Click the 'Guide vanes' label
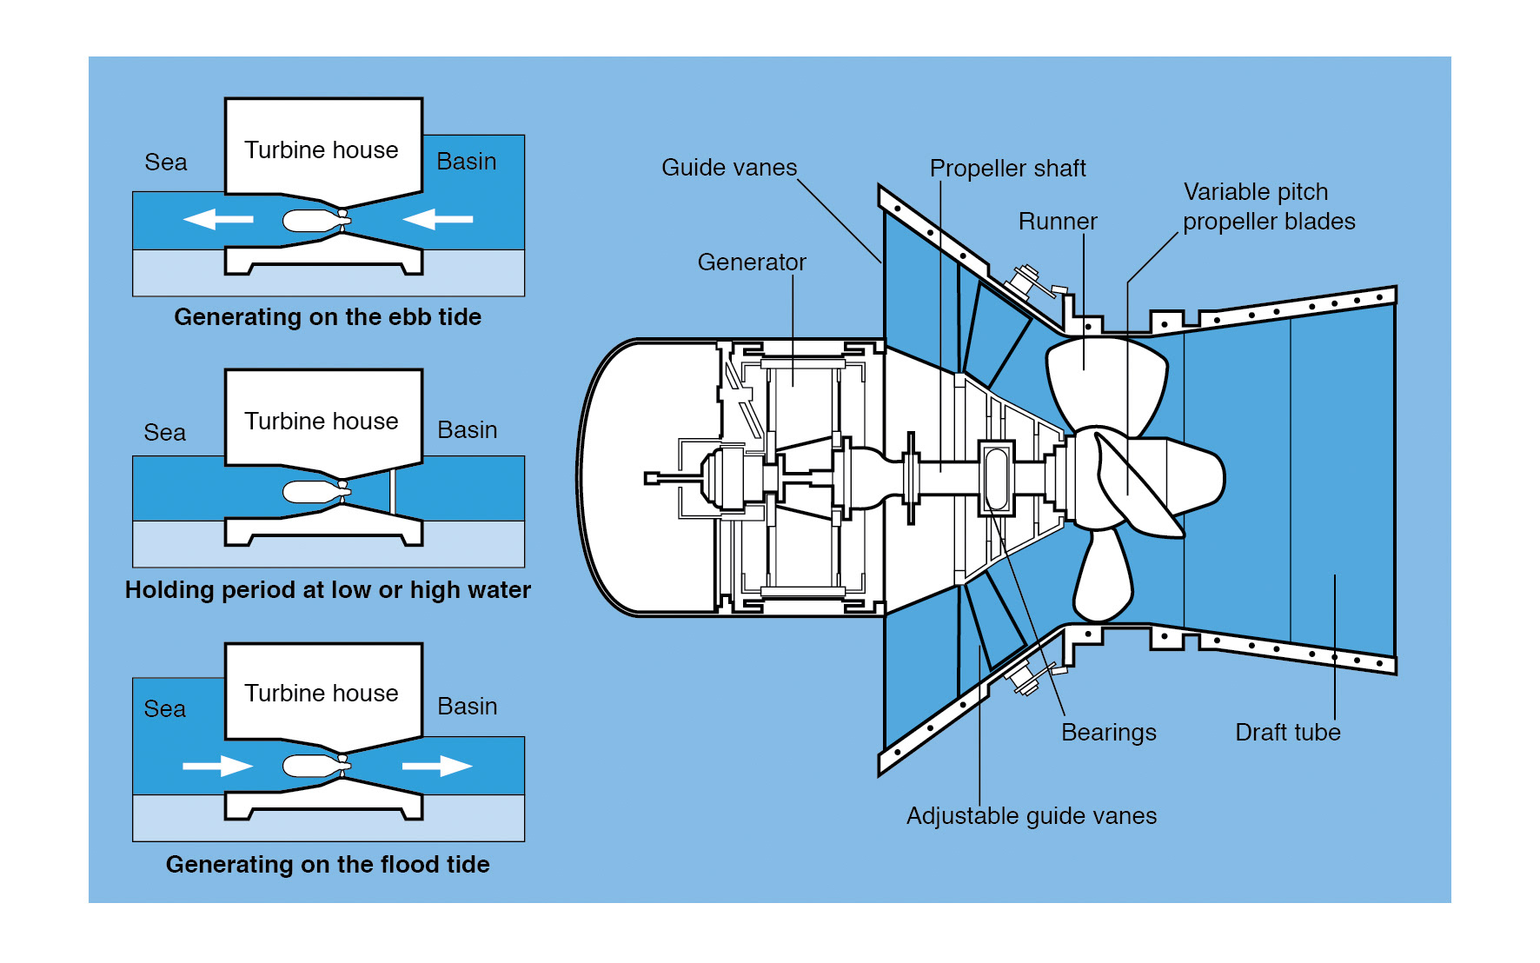pyautogui.click(x=728, y=167)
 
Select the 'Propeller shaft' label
pyautogui.click(x=1007, y=168)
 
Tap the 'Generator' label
pyautogui.click(x=752, y=262)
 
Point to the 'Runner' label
pyautogui.click(x=1057, y=221)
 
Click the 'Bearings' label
pyautogui.click(x=1108, y=732)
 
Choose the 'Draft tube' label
pyautogui.click(x=1287, y=732)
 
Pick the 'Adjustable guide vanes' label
pyautogui.click(x=1031, y=815)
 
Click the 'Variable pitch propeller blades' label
pyautogui.click(x=1268, y=206)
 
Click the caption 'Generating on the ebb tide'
pyautogui.click(x=328, y=316)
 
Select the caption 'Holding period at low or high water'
pyautogui.click(x=328, y=589)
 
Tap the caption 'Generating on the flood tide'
pyautogui.click(x=328, y=864)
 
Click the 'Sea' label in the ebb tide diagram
pyautogui.click(x=165, y=162)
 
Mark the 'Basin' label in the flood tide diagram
pyautogui.click(x=467, y=706)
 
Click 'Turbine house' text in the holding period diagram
pyautogui.click(x=321, y=421)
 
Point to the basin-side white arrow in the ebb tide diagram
pyautogui.click(x=438, y=219)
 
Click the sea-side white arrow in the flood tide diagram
pyautogui.click(x=217, y=766)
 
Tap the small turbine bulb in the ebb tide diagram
pyautogui.click(x=311, y=221)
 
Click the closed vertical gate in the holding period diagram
pyautogui.click(x=392, y=491)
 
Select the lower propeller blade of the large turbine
pyautogui.click(x=1103, y=574)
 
